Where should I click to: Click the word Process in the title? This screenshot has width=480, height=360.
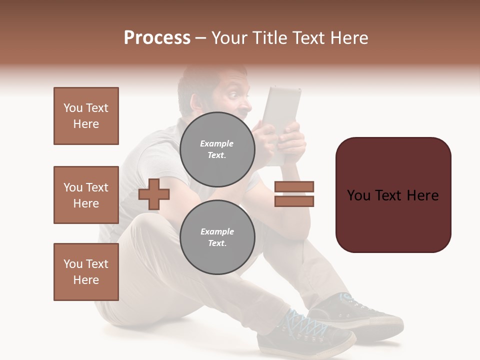[157, 38]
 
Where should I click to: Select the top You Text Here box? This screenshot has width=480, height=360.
[86, 116]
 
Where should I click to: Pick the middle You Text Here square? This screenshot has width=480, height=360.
[86, 195]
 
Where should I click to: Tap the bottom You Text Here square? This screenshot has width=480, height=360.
[86, 271]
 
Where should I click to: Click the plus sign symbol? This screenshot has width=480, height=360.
[154, 194]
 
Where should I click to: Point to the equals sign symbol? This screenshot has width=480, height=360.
[294, 194]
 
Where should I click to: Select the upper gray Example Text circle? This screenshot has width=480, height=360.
[217, 149]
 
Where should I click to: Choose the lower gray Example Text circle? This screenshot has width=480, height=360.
[217, 237]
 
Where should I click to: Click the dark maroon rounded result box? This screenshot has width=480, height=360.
[393, 194]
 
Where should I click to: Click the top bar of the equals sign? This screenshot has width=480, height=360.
[294, 187]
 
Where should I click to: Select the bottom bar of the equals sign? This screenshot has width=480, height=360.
[294, 201]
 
